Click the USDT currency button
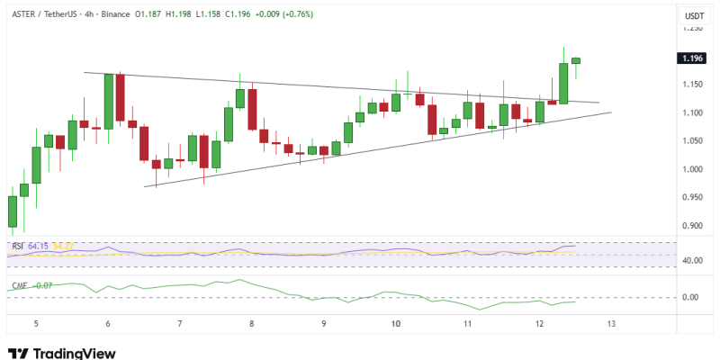(694, 15)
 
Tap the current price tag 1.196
(693, 58)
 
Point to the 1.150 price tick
(692, 85)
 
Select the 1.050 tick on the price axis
(692, 141)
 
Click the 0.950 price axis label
(692, 197)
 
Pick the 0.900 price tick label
(692, 226)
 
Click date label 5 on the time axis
(35, 323)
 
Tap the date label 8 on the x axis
(252, 323)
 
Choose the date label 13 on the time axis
(611, 323)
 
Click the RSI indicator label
(17, 246)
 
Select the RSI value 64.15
(39, 246)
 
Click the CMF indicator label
(18, 286)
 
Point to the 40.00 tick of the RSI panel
(692, 261)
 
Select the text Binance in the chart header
(112, 15)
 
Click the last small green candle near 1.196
(576, 60)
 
